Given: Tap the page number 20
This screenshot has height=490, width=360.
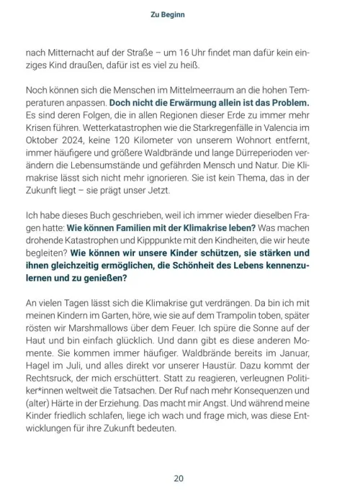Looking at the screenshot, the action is click(x=179, y=476).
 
